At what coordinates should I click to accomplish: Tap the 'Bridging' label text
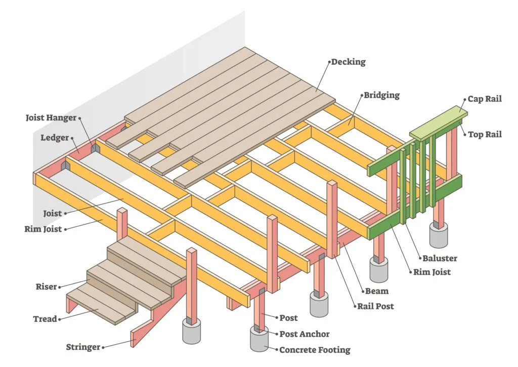tap(381, 95)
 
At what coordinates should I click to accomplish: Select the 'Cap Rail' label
tap(485, 99)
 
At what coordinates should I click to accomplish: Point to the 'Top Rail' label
tap(485, 134)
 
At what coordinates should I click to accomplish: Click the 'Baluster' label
tap(440, 258)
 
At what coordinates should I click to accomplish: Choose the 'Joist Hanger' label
tap(51, 118)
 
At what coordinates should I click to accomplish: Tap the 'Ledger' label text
tap(55, 138)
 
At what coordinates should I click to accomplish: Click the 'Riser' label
tap(46, 287)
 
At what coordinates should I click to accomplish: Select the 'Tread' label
tap(45, 319)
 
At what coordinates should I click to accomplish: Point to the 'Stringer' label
tap(83, 347)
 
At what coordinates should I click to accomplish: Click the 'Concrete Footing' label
tap(315, 350)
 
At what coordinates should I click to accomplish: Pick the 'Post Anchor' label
tap(305, 334)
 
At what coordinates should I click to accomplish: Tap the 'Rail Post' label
tap(375, 306)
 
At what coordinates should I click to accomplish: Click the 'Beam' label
tap(377, 291)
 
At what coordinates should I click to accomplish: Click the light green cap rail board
tap(438, 123)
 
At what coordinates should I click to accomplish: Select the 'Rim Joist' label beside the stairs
tap(43, 229)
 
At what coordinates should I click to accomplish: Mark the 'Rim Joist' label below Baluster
tap(432, 272)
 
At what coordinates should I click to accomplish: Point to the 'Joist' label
tap(52, 214)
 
